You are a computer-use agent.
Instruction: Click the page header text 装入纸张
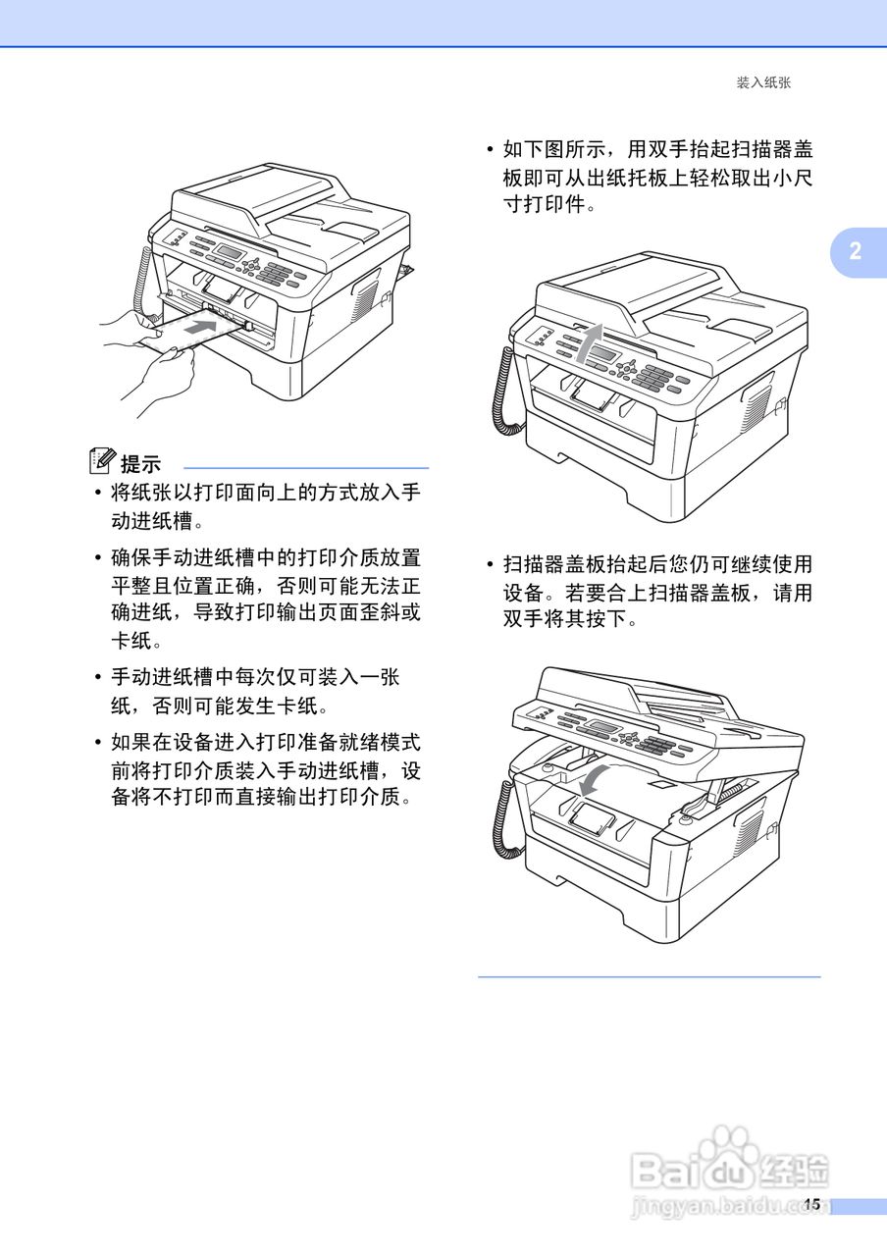pos(762,83)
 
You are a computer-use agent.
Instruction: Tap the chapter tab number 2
pos(855,251)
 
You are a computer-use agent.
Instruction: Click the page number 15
pos(810,1204)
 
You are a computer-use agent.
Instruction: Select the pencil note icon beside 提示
pos(101,458)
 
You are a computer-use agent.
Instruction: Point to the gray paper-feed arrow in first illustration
pos(199,328)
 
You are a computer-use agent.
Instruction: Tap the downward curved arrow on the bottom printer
pos(594,779)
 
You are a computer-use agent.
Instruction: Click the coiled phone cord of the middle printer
pos(504,392)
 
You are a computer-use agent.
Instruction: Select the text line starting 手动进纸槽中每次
pos(255,677)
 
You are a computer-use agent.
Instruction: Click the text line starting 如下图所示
pos(657,150)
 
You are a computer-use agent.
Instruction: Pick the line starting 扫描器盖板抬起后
pos(657,565)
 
